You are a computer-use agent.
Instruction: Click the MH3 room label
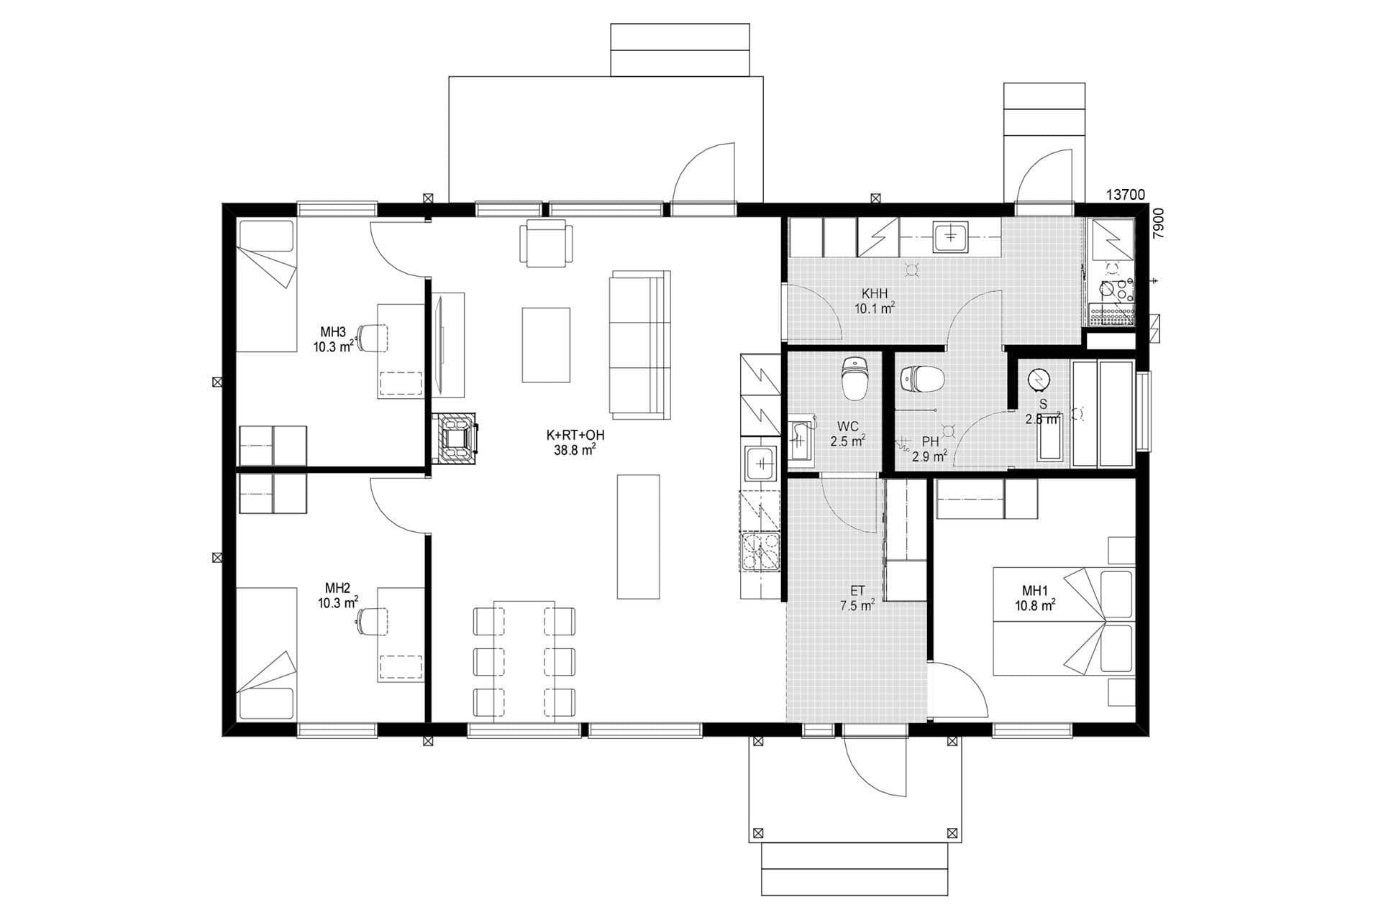[333, 331]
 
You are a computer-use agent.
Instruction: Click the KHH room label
[875, 293]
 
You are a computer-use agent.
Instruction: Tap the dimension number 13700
[1125, 194]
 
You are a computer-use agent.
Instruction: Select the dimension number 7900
[1158, 223]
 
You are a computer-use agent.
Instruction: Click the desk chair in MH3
[372, 337]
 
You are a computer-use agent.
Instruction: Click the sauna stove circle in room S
[1039, 379]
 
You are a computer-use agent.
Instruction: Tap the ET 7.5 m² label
[857, 598]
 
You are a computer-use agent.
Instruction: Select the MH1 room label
[1034, 591]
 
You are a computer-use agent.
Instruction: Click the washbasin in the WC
[799, 440]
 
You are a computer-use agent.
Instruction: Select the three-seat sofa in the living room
[639, 345]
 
